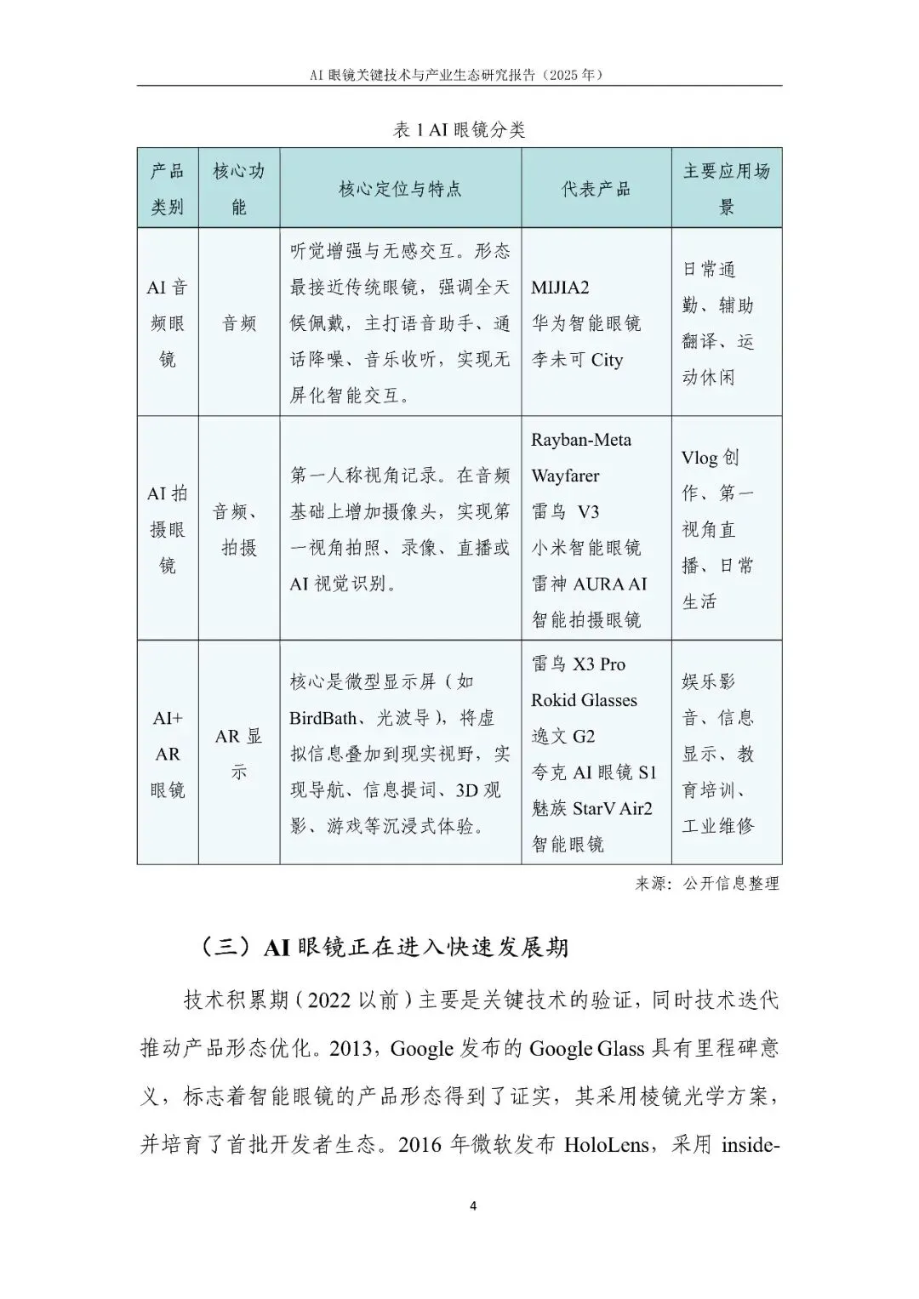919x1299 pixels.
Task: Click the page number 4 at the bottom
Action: [473, 1205]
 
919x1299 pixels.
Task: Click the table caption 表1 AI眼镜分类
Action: [459, 129]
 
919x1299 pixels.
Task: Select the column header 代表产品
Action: [596, 189]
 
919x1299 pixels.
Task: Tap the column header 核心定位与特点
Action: [400, 189]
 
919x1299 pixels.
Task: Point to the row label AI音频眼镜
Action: [168, 323]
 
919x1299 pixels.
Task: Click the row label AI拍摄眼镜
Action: [168, 529]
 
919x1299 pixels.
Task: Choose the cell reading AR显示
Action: [238, 754]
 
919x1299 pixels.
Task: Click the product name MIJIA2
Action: [560, 288]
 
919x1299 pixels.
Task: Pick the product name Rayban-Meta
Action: [581, 440]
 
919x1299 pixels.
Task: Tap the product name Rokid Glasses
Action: [584, 700]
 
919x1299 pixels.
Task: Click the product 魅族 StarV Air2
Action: [592, 808]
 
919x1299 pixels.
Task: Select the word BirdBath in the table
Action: [323, 718]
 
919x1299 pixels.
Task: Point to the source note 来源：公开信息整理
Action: [706, 884]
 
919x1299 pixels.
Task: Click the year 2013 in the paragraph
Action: [351, 1048]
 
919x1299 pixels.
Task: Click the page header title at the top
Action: [459, 74]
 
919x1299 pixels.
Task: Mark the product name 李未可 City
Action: [577, 360]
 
